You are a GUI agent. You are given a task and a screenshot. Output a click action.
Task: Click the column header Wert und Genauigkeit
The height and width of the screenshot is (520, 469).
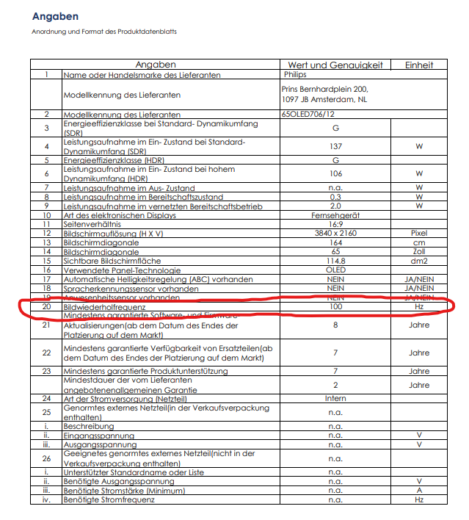point(335,65)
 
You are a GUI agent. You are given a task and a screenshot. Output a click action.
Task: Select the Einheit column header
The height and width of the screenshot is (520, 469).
point(419,65)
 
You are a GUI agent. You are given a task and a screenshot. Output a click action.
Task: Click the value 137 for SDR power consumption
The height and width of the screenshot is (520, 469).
point(335,146)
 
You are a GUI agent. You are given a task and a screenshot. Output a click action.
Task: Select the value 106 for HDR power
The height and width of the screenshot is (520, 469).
point(335,174)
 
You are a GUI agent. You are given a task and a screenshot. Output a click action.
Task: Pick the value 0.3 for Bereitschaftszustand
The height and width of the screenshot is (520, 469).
point(335,198)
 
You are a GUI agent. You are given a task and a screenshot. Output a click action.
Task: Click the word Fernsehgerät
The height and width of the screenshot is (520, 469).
point(335,215)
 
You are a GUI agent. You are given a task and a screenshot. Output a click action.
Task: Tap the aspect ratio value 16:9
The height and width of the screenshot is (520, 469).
point(335,224)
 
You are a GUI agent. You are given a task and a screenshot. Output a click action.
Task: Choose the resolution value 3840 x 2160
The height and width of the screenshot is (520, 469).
point(335,233)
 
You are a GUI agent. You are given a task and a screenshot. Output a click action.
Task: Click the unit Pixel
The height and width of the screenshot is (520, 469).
point(419,233)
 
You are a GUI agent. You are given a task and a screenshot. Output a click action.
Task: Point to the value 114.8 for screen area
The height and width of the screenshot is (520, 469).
point(335,261)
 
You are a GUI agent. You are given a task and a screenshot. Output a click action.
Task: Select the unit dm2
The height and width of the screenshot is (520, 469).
point(419,261)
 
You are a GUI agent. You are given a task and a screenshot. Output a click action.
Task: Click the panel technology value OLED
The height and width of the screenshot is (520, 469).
point(335,270)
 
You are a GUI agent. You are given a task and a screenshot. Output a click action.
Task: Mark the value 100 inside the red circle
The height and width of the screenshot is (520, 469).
point(335,306)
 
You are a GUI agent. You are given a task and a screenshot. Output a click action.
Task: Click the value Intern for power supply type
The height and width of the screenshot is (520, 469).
point(335,399)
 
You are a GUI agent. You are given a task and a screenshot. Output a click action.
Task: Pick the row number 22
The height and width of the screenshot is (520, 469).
point(46,353)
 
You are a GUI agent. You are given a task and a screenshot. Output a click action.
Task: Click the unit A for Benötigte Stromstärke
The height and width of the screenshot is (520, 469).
point(419,491)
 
